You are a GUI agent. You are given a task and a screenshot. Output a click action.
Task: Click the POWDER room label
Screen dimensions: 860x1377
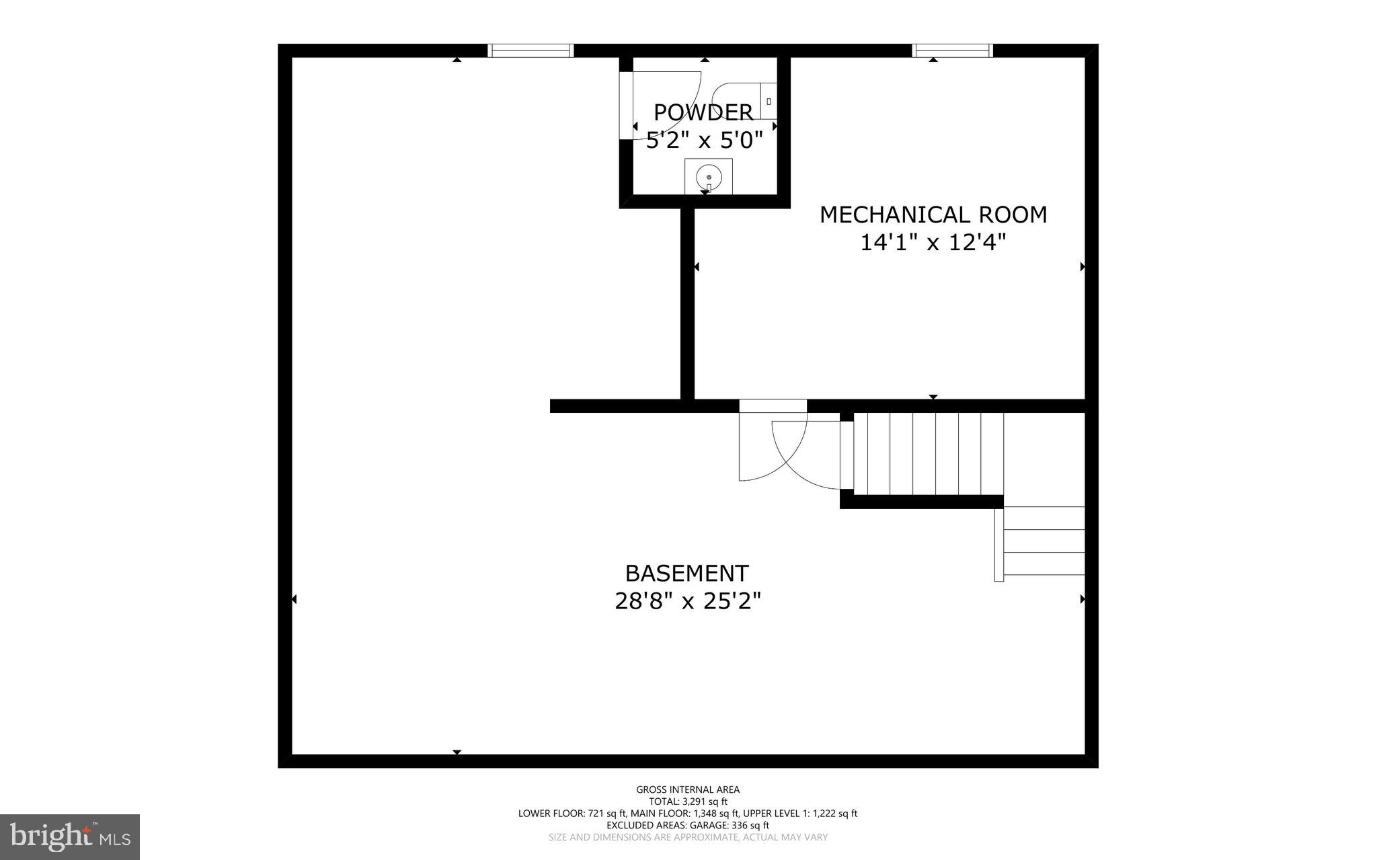(x=703, y=112)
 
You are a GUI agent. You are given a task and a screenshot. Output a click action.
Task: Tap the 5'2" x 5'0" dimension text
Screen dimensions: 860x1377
(x=704, y=141)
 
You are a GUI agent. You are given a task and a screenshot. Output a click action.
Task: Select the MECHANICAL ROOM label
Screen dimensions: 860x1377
(x=933, y=214)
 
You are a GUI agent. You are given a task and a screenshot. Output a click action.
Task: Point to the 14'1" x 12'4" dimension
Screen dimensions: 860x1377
(x=933, y=242)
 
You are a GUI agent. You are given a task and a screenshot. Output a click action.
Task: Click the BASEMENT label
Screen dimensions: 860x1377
(x=686, y=574)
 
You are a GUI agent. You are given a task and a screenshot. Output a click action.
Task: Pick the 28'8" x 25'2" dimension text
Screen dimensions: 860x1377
(x=688, y=600)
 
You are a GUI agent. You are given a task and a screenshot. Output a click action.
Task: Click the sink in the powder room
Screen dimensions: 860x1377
(x=709, y=177)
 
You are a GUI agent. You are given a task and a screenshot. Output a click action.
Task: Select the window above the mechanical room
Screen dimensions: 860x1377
(x=952, y=50)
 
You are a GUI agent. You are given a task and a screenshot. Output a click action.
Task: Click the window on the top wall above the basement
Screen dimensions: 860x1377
(x=530, y=50)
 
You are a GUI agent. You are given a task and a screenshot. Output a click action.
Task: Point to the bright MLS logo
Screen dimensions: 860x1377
(x=70, y=836)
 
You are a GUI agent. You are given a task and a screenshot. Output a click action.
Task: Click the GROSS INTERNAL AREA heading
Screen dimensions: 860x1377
(x=688, y=789)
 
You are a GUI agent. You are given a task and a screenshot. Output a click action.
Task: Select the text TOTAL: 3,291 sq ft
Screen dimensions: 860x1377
(x=688, y=802)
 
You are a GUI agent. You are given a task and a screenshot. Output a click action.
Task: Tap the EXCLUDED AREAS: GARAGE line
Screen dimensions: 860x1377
(x=688, y=825)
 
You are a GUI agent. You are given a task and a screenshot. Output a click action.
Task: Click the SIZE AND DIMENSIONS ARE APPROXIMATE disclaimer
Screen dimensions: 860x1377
(x=688, y=837)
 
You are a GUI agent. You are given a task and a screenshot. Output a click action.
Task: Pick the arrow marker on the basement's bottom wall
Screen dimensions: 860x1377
(x=457, y=752)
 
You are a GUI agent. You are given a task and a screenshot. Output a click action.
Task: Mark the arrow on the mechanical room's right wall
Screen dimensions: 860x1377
(x=1083, y=267)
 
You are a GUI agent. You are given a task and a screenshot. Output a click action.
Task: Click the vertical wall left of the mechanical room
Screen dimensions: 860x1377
(x=687, y=303)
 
